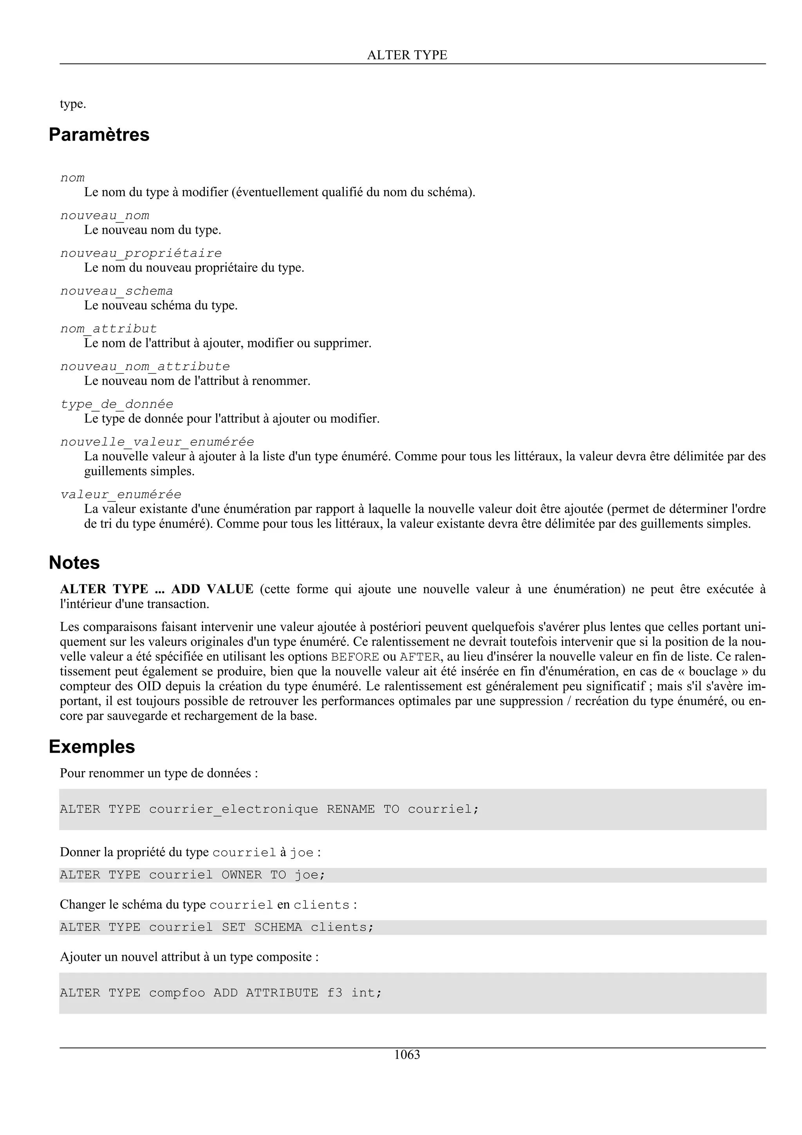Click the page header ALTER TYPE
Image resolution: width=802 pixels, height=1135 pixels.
click(407, 55)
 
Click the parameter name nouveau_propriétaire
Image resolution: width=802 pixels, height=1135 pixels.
click(141, 253)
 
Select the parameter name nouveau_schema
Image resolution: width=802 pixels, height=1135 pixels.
click(117, 291)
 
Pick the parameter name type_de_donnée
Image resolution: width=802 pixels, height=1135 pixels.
click(117, 404)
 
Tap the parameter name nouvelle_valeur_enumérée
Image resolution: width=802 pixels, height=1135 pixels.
click(157, 442)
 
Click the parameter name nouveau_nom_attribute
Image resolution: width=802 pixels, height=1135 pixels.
click(145, 367)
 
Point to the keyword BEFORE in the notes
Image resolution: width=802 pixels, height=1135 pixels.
click(355, 657)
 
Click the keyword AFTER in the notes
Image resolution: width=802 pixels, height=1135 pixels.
click(419, 657)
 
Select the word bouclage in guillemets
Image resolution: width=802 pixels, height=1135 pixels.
click(713, 671)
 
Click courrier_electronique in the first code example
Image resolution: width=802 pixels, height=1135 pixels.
click(233, 809)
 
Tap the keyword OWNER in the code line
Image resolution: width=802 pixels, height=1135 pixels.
click(242, 875)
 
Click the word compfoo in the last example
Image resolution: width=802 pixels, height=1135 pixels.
click(177, 992)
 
